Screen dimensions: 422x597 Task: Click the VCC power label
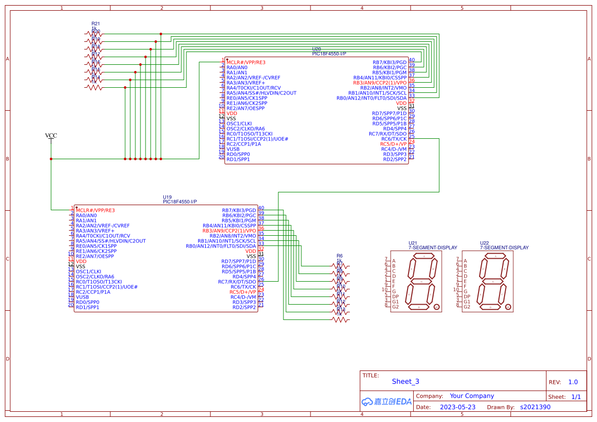[x=51, y=136]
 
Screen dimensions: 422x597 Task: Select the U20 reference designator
[x=317, y=49]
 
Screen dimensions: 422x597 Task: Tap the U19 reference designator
[x=168, y=197]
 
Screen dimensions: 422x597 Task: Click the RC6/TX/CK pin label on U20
[x=394, y=139]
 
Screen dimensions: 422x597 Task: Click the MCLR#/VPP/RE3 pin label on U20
[x=246, y=62]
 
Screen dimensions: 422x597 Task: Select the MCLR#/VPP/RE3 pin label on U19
[x=95, y=210]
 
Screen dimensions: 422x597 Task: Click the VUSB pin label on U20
[x=233, y=149]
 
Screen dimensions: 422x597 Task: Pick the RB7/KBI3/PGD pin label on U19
[x=238, y=210]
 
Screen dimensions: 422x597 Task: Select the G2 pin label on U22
[x=467, y=307]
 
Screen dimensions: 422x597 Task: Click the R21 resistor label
[x=95, y=23]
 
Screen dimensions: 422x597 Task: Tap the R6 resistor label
[x=339, y=256]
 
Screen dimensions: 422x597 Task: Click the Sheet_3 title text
[x=405, y=382]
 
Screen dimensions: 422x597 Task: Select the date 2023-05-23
[x=458, y=407]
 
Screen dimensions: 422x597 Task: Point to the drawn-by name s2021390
[x=535, y=407]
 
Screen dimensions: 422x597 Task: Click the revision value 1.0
[x=572, y=382]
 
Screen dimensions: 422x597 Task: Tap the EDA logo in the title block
[x=387, y=402]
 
